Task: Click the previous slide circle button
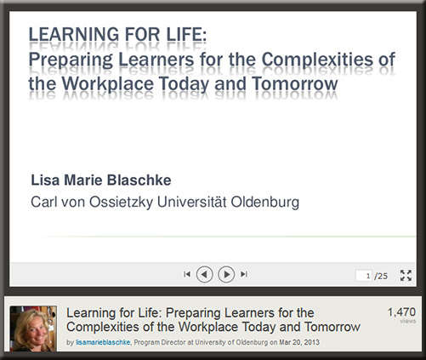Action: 204,274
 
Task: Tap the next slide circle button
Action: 226,274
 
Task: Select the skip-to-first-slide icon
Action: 187,274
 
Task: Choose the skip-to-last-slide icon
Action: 244,274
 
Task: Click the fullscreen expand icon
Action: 406,276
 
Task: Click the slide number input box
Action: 364,276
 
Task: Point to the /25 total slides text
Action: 381,276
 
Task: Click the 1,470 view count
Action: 401,312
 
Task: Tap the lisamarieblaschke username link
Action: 103,342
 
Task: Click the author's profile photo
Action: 33,329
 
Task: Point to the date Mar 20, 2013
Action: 299,342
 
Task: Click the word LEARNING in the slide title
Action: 74,35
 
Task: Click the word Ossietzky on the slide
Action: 122,203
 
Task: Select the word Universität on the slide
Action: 192,202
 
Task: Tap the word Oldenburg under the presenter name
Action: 265,202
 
